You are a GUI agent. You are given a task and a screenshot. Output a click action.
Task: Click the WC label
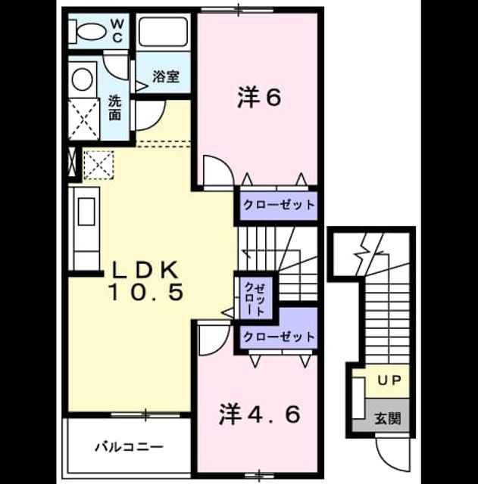pyautogui.click(x=117, y=30)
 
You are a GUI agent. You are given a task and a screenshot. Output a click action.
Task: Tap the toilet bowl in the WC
pyautogui.click(x=90, y=32)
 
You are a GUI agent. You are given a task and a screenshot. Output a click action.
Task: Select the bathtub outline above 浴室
pyautogui.click(x=163, y=32)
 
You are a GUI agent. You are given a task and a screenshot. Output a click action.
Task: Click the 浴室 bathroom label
pyautogui.click(x=166, y=76)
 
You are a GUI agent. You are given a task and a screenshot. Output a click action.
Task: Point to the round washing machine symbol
pyautogui.click(x=83, y=79)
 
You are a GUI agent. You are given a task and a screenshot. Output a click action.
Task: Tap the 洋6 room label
pyautogui.click(x=259, y=98)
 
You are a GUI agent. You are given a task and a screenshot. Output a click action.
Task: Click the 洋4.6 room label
pyautogui.click(x=259, y=414)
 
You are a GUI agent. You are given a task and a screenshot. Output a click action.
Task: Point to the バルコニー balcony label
pyautogui.click(x=129, y=447)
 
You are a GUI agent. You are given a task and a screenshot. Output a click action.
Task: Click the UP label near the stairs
pyautogui.click(x=389, y=380)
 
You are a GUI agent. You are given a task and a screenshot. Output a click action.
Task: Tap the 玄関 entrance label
pyautogui.click(x=388, y=418)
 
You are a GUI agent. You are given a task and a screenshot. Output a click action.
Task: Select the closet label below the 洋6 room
pyautogui.click(x=279, y=205)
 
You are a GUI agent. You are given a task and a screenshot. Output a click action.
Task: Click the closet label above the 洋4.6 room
pyautogui.click(x=279, y=336)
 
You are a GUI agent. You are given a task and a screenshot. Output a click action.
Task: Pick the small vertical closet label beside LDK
pyautogui.click(x=255, y=298)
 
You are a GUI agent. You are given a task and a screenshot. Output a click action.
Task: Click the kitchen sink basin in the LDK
pyautogui.click(x=86, y=212)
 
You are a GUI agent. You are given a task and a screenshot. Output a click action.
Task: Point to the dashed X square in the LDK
pyautogui.click(x=98, y=165)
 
